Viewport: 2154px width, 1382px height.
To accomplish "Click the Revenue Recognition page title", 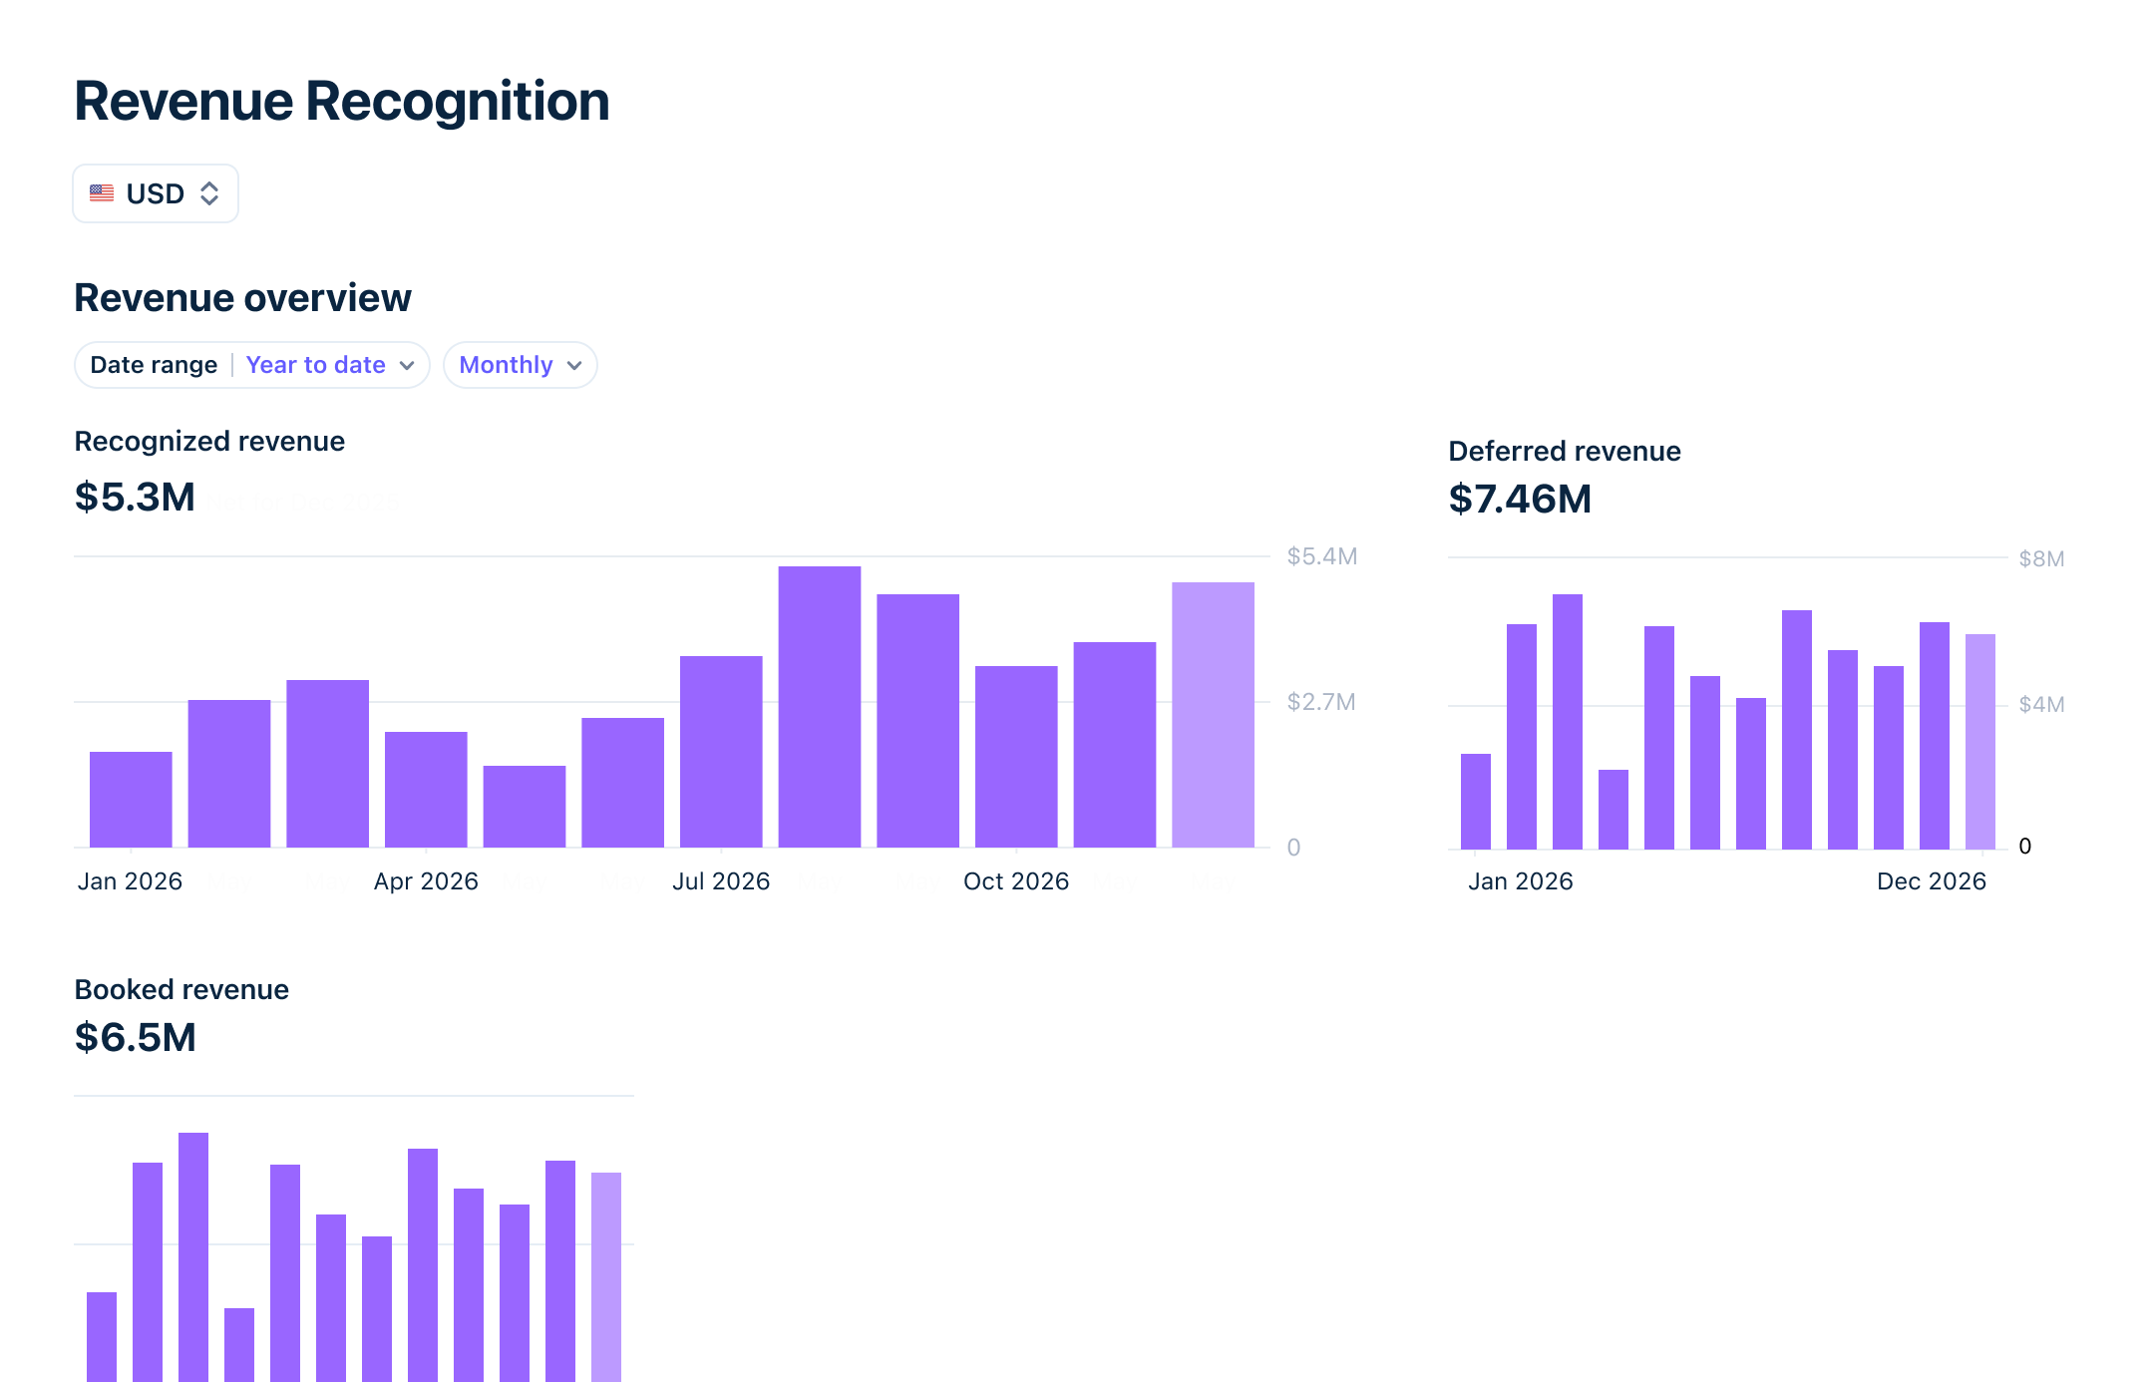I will point(341,102).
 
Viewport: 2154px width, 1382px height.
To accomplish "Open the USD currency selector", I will point(156,193).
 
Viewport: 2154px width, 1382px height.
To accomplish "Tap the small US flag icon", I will point(102,193).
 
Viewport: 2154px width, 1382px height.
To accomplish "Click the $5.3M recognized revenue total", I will point(135,497).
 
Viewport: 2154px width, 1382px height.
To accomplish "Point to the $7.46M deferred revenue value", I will point(1519,499).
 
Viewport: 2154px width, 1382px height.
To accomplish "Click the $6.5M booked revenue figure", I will point(135,1037).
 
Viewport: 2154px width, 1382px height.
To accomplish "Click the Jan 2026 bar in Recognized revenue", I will point(131,799).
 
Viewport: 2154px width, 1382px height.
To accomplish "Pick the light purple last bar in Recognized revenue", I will point(1213,714).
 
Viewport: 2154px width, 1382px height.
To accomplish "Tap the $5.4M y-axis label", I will point(1321,556).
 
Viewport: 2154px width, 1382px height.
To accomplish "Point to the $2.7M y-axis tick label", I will point(1320,702).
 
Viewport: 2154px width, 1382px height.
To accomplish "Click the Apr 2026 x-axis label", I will point(426,881).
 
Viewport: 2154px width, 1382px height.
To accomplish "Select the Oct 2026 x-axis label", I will point(1015,881).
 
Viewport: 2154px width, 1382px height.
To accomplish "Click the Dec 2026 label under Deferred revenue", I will point(1931,881).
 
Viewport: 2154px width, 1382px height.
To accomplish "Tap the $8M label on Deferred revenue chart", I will point(2040,558).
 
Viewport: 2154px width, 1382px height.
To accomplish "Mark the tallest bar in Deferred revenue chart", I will point(1567,721).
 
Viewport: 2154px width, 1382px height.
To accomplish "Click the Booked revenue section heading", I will point(181,989).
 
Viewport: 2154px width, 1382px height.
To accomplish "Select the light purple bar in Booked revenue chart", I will point(605,1276).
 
